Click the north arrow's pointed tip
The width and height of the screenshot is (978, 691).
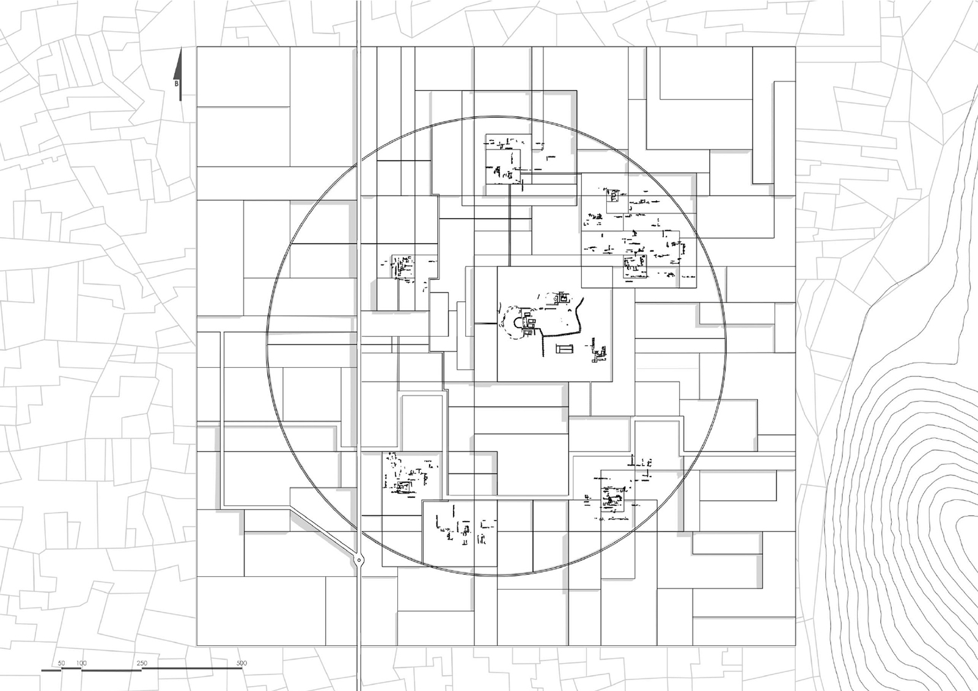[180, 49]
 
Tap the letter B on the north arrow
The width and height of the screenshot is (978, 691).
[177, 83]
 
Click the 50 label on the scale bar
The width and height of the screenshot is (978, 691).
[62, 663]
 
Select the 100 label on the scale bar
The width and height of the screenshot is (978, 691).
[81, 663]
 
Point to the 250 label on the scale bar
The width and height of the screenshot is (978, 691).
[142, 663]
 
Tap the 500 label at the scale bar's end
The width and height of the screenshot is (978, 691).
[241, 663]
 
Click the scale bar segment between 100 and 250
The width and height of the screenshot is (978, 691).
[111, 669]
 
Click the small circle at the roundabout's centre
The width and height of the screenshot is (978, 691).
[359, 559]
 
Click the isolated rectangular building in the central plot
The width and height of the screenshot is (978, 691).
[565, 348]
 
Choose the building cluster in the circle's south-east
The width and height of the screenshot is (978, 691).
[616, 492]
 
